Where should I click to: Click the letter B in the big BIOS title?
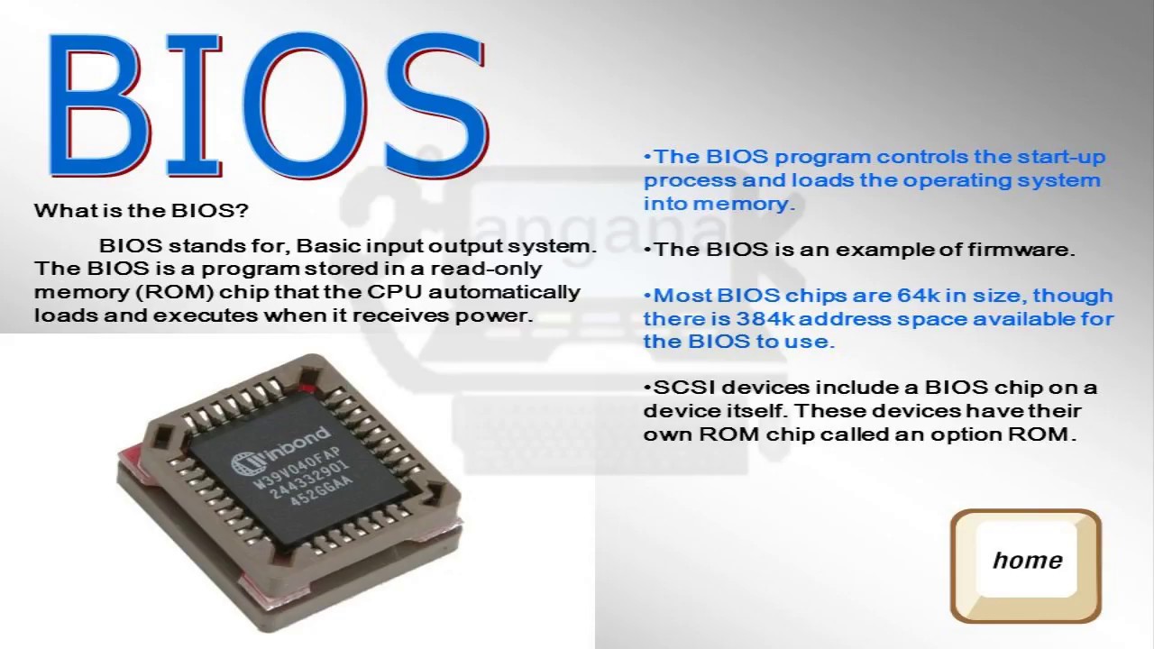click(x=97, y=106)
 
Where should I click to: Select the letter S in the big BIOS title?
click(x=433, y=106)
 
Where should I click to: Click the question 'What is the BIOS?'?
click(x=141, y=211)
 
